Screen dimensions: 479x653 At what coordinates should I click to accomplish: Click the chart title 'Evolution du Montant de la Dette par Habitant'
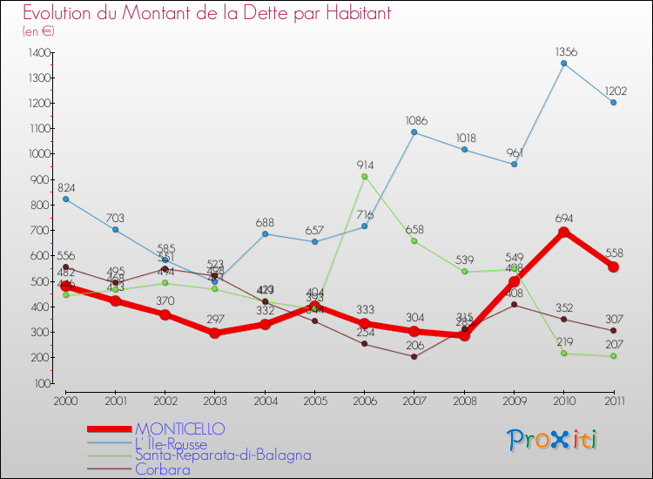[206, 13]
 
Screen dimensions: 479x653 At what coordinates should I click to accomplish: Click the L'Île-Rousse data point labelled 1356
[564, 64]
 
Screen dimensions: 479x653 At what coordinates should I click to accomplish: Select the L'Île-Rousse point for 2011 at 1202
[614, 103]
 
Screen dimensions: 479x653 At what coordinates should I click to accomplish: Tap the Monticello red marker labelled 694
[564, 232]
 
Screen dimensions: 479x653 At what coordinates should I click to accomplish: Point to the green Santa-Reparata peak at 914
[364, 176]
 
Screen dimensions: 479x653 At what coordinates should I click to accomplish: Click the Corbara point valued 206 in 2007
[414, 356]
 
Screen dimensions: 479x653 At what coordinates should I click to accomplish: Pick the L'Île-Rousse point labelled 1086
[414, 132]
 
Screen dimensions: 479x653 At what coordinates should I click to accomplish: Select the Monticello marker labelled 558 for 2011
[614, 266]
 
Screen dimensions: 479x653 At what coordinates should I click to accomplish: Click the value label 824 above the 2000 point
[66, 187]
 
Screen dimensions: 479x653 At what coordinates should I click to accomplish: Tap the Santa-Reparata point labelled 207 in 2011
[614, 355]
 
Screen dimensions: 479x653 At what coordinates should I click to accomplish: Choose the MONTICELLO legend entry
[179, 428]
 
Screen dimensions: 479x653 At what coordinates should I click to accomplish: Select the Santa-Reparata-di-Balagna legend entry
[223, 455]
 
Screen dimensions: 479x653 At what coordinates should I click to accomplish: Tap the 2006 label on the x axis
[364, 400]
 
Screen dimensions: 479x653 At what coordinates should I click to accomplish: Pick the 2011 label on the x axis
[614, 400]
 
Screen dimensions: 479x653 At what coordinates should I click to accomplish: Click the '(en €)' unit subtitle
[38, 31]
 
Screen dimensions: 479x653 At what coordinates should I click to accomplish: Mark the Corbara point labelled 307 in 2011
[614, 330]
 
